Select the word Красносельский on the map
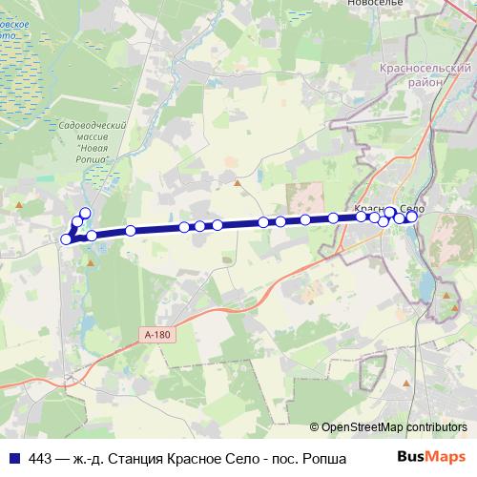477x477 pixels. (x=425, y=70)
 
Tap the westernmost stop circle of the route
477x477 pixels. (x=66, y=239)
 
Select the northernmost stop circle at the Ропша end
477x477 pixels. (x=85, y=213)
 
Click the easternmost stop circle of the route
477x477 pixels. (x=412, y=217)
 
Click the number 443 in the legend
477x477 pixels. (x=40, y=455)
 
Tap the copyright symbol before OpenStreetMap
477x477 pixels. (x=314, y=427)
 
